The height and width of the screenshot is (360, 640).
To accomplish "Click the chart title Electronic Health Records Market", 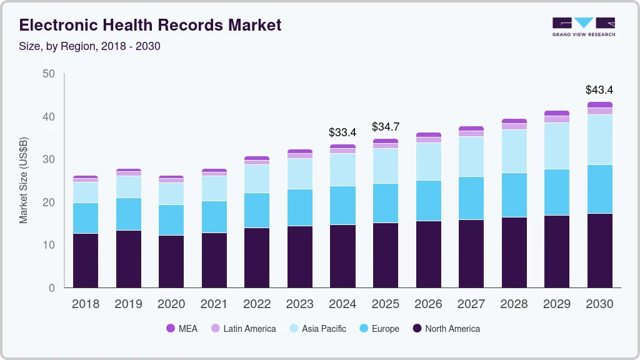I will [x=150, y=25].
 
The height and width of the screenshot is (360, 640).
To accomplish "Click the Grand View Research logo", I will [x=583, y=27].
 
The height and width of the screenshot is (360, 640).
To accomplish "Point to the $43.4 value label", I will [x=599, y=90].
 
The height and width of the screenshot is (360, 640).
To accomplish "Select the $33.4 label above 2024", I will [x=342, y=132].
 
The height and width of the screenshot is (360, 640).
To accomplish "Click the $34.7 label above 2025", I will [x=385, y=127].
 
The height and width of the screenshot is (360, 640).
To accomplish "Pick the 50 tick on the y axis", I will [x=49, y=74].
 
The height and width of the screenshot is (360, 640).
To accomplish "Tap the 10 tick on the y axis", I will [x=49, y=245].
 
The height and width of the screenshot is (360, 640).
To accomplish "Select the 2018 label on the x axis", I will [x=85, y=304].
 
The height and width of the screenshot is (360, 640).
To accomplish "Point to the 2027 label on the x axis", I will [x=471, y=304].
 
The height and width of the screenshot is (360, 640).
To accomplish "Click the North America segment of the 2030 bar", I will [x=599, y=250].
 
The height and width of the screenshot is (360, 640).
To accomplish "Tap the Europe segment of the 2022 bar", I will [x=257, y=210].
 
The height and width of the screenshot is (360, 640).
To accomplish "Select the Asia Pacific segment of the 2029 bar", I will [x=556, y=146].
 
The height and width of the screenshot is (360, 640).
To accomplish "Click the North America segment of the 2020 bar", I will [x=171, y=261].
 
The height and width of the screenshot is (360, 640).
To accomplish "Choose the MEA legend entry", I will [x=181, y=329].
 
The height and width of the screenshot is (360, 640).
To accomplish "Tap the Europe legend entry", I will [x=379, y=329].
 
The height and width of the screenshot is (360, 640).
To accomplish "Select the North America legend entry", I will [x=446, y=329].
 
